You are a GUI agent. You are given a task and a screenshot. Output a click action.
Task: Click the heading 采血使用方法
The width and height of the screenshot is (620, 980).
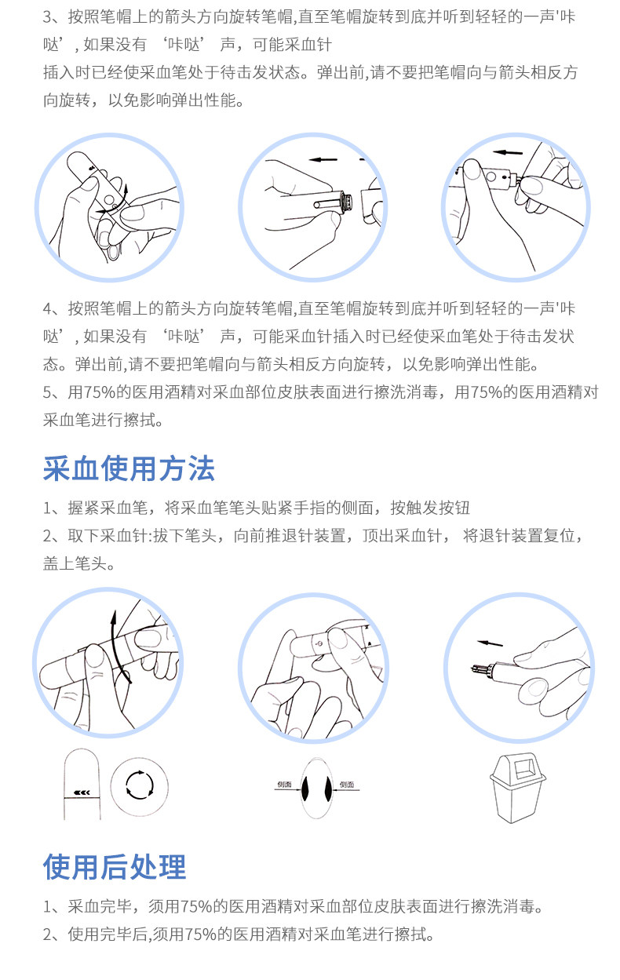[x=129, y=468]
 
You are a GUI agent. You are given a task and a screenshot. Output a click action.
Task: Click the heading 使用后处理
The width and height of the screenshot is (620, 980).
[x=115, y=867]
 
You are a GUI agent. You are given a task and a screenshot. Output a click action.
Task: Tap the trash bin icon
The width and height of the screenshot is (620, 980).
[x=518, y=787]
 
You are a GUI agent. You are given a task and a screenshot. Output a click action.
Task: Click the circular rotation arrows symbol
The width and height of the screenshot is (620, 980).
[x=140, y=785]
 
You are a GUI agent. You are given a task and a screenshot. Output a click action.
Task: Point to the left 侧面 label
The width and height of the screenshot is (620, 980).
[x=284, y=785]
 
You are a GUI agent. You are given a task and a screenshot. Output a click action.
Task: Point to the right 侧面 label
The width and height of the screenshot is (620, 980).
[x=347, y=785]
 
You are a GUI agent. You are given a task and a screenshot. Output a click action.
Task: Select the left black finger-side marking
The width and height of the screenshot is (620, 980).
[x=305, y=789]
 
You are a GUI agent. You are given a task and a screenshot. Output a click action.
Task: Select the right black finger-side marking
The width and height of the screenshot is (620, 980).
[x=327, y=789]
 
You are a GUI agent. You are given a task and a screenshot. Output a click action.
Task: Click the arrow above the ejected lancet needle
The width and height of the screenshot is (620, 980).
[x=490, y=643]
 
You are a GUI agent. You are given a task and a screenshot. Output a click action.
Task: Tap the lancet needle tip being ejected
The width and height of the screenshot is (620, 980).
[x=474, y=668]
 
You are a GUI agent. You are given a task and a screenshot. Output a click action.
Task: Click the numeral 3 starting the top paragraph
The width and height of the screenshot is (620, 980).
[x=47, y=17]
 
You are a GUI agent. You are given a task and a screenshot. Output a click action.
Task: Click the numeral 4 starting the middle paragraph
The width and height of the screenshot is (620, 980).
[x=48, y=309]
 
